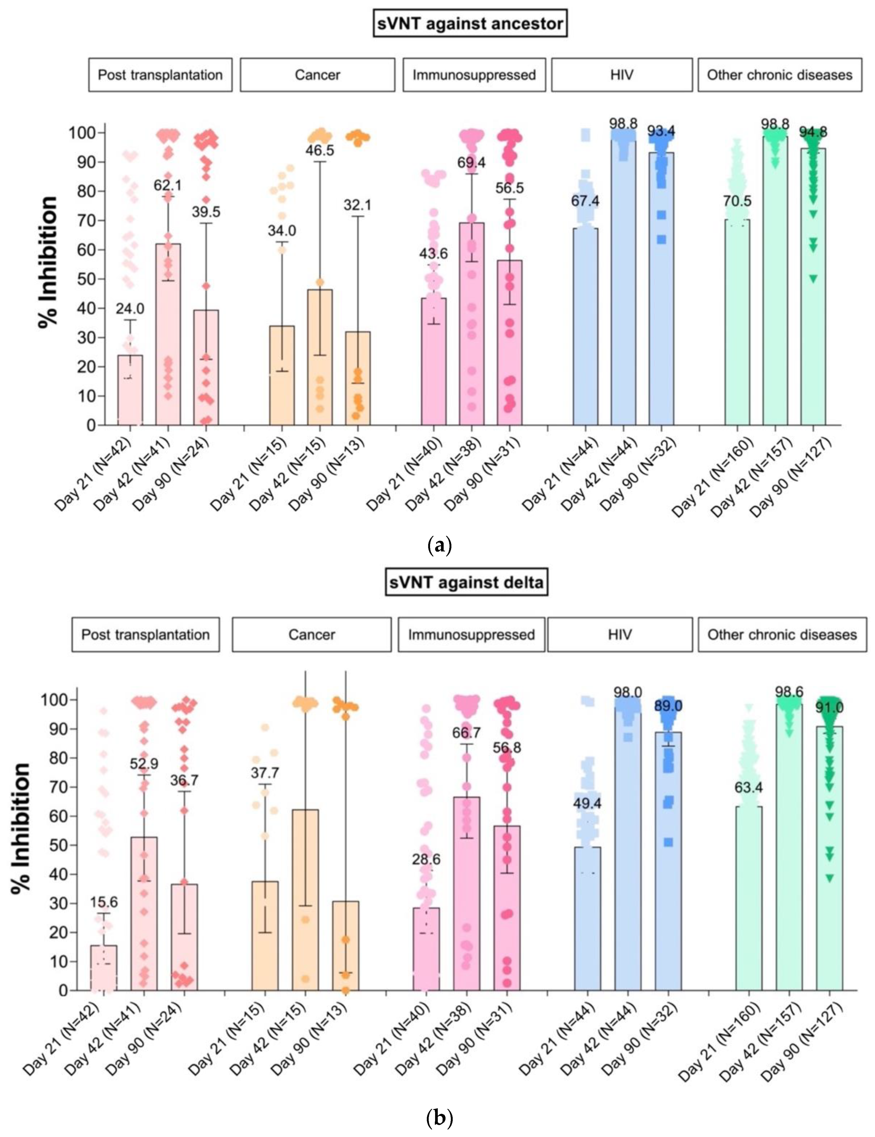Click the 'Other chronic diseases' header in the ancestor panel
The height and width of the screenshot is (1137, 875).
coord(779,75)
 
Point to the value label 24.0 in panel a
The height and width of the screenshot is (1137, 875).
coord(130,309)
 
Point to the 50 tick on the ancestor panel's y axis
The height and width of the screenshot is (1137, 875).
coord(89,279)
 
